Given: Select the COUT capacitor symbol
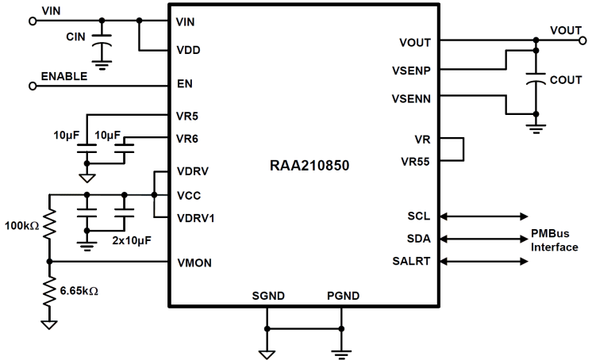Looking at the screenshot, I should (536, 80).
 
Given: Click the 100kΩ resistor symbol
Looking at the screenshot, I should (48, 227).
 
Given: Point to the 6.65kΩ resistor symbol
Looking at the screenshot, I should (48, 291).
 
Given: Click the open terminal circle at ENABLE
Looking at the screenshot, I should (32, 84).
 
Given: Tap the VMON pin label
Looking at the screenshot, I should (194, 262).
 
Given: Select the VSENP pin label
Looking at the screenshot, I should (410, 70).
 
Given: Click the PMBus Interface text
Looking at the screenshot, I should (554, 242).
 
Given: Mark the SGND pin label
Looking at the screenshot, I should (267, 296).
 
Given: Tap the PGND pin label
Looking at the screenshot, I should (342, 296).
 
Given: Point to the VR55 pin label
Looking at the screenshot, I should (416, 161).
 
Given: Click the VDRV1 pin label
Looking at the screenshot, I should (196, 216).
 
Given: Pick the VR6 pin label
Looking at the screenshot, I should (188, 138).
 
